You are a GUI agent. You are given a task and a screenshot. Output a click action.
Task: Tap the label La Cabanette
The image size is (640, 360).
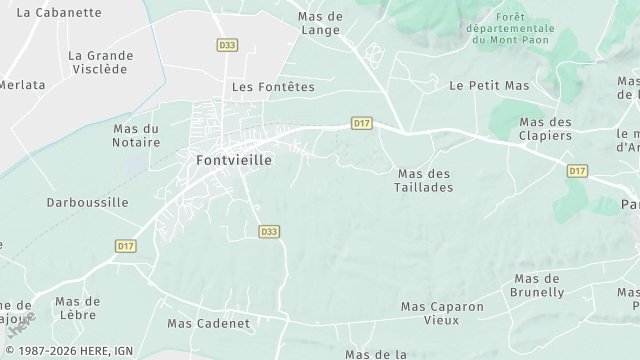[60, 13]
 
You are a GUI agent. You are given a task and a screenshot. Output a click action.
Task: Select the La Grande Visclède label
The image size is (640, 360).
[101, 62]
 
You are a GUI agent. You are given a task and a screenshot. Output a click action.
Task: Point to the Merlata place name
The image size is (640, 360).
[22, 85]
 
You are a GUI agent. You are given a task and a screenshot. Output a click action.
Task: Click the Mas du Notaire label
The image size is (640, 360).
[136, 136]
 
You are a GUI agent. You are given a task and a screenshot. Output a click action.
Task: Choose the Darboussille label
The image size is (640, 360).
[87, 202]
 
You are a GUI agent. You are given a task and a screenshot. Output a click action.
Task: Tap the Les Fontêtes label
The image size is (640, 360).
[273, 87]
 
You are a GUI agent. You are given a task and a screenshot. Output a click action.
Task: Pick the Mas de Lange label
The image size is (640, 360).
[322, 23]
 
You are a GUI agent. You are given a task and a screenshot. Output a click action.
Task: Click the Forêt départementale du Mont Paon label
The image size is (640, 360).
[510, 29]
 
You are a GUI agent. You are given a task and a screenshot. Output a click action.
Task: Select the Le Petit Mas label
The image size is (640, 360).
[489, 86]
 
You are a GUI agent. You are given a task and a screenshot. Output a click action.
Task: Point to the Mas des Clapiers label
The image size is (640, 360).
[545, 129]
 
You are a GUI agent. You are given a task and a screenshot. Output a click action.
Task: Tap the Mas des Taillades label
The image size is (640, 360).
[424, 180]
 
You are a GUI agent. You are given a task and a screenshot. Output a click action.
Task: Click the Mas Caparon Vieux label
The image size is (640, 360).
[442, 313]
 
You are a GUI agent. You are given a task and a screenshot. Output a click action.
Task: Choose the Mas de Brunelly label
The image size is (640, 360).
[538, 285]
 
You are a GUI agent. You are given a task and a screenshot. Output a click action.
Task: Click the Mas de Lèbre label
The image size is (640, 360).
[77, 308]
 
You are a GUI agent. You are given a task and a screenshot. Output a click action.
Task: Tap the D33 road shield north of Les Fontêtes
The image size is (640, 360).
[227, 45]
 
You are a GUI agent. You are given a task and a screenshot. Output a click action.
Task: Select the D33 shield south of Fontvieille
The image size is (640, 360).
[268, 231]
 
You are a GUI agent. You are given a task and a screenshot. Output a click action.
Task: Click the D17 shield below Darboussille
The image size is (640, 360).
[125, 245]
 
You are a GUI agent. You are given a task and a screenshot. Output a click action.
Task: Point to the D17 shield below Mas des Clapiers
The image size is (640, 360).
[577, 171]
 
